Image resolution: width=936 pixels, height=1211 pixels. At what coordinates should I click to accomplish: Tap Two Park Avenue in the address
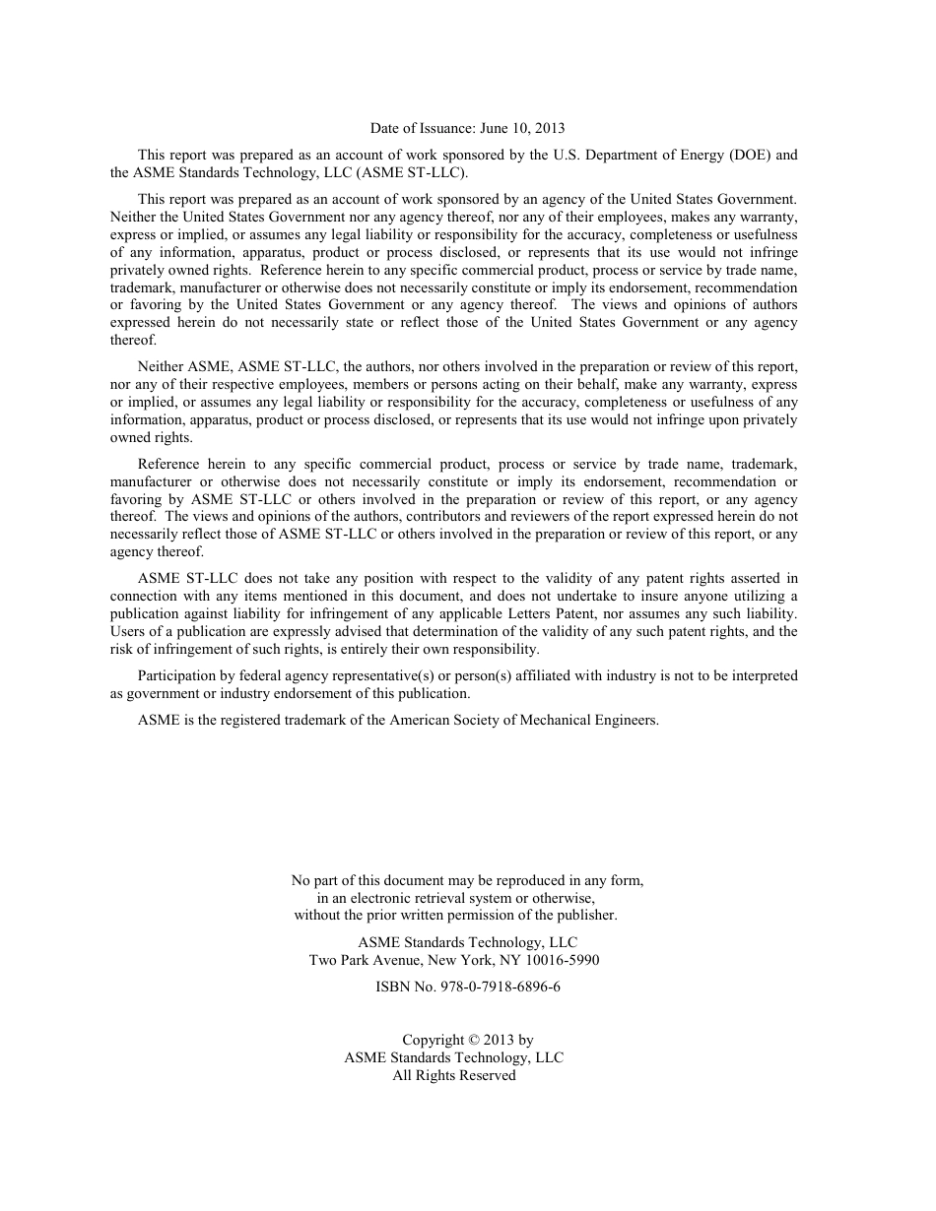[x=357, y=960]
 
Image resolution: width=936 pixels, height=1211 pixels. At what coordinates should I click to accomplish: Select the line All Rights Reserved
[x=454, y=1075]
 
